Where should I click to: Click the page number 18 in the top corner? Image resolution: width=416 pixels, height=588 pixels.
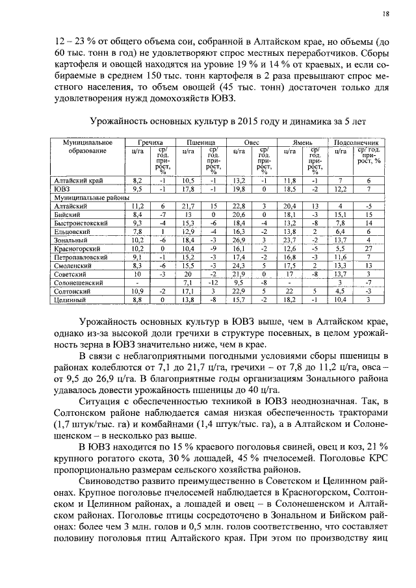385,13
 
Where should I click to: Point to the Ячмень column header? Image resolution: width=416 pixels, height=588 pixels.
303,142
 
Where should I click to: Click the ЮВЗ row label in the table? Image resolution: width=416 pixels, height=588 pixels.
62,188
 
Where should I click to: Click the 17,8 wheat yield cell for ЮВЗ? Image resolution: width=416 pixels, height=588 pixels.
188,188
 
